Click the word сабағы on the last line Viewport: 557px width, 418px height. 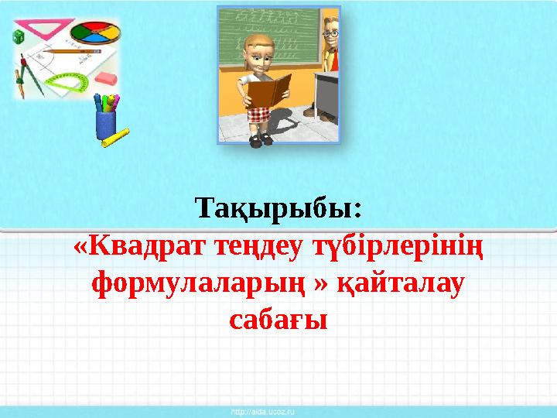[278, 319]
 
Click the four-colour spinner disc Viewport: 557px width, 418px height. [95, 33]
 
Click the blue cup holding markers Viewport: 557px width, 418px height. [105, 124]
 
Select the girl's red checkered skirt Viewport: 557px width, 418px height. [260, 114]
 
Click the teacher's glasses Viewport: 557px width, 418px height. [330, 34]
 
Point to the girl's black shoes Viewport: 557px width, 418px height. [260, 139]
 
